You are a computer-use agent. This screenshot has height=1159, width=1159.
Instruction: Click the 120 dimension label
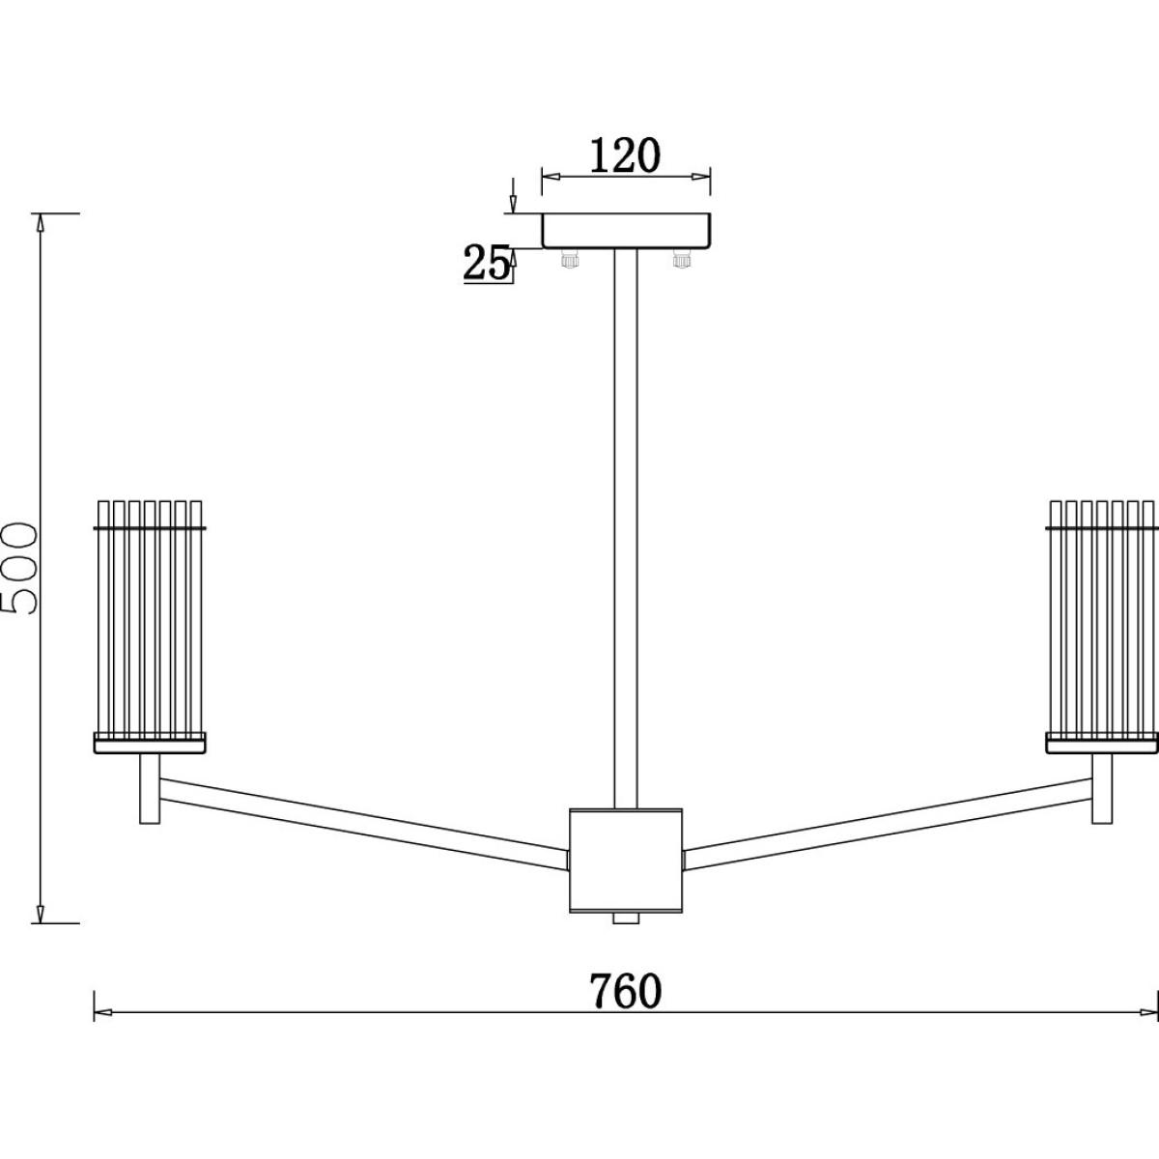tap(626, 155)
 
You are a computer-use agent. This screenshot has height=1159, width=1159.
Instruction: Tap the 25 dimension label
tap(486, 264)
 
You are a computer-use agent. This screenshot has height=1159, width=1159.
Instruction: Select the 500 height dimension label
tap(19, 568)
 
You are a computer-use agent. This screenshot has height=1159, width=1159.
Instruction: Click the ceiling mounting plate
tap(626, 231)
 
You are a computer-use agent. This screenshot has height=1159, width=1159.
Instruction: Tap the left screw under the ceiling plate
tap(568, 258)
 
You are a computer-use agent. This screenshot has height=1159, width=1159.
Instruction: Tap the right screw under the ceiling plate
tap(682, 258)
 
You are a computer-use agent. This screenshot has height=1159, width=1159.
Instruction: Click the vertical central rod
tap(626, 528)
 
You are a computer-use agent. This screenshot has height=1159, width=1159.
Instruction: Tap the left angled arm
tap(364, 824)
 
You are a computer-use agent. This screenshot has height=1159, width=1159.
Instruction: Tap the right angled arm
tap(888, 824)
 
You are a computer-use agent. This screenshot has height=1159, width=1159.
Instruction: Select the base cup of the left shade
tap(150, 743)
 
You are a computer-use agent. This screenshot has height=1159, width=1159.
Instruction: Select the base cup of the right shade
tap(1102, 743)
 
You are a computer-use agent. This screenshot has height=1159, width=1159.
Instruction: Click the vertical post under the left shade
tap(150, 788)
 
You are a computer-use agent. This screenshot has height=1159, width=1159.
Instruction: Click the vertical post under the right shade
tap(1102, 788)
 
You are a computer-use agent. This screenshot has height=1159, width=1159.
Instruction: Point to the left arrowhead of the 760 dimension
tap(102, 1013)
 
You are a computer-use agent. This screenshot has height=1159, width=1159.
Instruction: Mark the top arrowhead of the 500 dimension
tap(41, 223)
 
